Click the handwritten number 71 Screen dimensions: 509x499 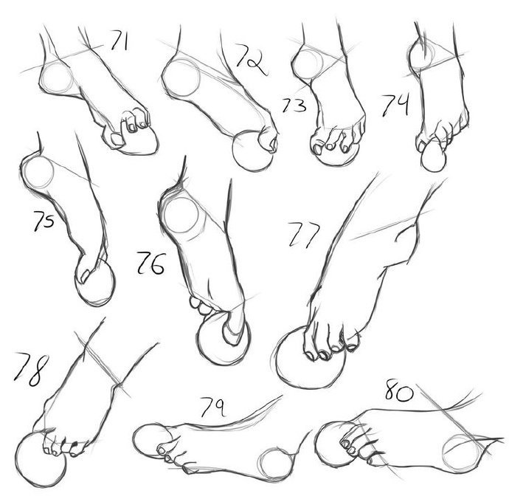point(119,41)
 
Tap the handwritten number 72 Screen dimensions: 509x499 point(251,60)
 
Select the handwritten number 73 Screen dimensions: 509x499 point(294,106)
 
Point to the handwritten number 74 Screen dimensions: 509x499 point(395,105)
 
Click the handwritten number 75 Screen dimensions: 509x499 point(44,220)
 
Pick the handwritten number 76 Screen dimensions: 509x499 point(151,263)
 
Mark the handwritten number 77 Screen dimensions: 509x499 point(304,235)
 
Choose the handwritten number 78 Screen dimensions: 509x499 point(31,369)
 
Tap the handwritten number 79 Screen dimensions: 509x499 point(212,407)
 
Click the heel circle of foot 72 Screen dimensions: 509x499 point(181,78)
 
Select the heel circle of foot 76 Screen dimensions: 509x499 point(181,216)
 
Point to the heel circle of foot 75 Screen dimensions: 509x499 point(38,172)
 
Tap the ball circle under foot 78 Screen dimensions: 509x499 point(41,459)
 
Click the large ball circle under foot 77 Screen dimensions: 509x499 point(311,357)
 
